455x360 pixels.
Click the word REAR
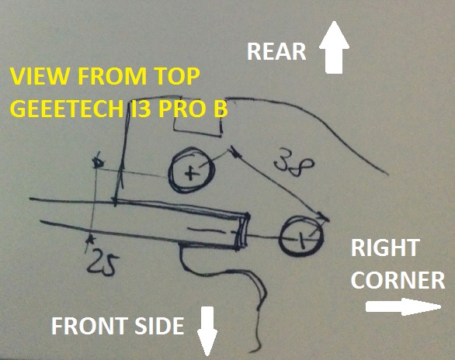pyautogui.click(x=276, y=51)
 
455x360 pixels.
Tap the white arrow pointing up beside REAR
pyautogui.click(x=334, y=47)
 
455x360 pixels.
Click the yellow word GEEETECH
pyautogui.click(x=68, y=109)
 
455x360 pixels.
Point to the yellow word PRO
pyautogui.click(x=181, y=109)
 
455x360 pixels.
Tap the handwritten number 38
pyautogui.click(x=293, y=163)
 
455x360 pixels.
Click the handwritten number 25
pyautogui.click(x=102, y=265)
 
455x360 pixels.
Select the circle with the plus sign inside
pyautogui.click(x=192, y=171)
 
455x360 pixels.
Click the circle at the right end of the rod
pyautogui.click(x=301, y=236)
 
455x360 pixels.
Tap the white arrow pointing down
pyautogui.click(x=207, y=331)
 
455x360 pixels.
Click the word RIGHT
pyautogui.click(x=385, y=247)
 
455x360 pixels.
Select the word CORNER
pyautogui.click(x=398, y=280)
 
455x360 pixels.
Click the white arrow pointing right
pyautogui.click(x=403, y=307)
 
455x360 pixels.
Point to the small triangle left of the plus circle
pyautogui.click(x=98, y=163)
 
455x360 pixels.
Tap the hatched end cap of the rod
pyautogui.click(x=242, y=231)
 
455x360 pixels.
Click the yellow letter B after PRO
pyautogui.click(x=220, y=109)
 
